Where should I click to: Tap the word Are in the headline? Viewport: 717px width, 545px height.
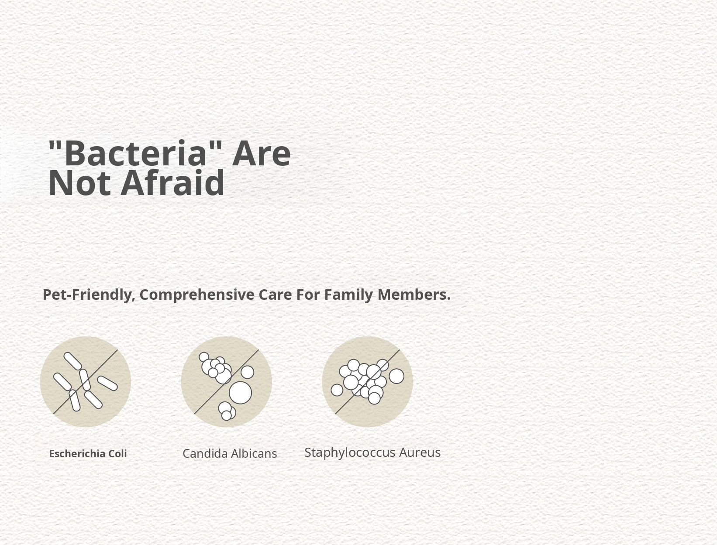click(x=261, y=154)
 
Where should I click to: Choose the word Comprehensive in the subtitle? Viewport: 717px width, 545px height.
click(x=197, y=295)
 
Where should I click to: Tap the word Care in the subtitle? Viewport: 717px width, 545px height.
click(x=275, y=295)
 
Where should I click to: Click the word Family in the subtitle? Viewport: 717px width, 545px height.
click(x=348, y=295)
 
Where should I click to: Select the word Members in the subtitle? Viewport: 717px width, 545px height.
click(x=414, y=295)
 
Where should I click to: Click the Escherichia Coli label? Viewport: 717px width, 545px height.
click(x=88, y=454)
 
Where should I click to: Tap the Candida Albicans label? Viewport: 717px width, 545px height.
click(x=230, y=453)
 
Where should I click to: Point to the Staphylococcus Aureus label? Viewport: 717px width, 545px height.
click(x=372, y=452)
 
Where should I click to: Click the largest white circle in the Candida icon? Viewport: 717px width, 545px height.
click(x=241, y=393)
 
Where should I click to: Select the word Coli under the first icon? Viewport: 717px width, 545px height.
click(x=117, y=454)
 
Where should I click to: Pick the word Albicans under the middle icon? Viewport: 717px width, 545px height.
click(x=254, y=453)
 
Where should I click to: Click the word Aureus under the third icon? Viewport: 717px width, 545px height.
click(x=420, y=452)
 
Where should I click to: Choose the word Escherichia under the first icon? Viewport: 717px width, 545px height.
click(x=77, y=454)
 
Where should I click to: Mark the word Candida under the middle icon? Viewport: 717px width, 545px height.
click(x=205, y=453)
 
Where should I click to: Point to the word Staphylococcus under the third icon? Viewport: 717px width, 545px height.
click(x=350, y=453)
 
